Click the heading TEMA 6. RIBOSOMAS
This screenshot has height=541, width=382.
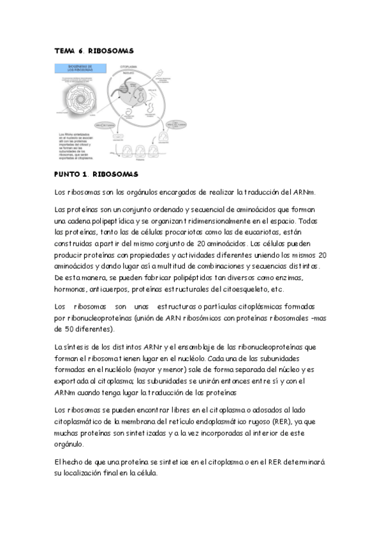coord(94,50)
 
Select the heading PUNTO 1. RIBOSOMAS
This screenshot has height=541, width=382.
coord(96,174)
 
